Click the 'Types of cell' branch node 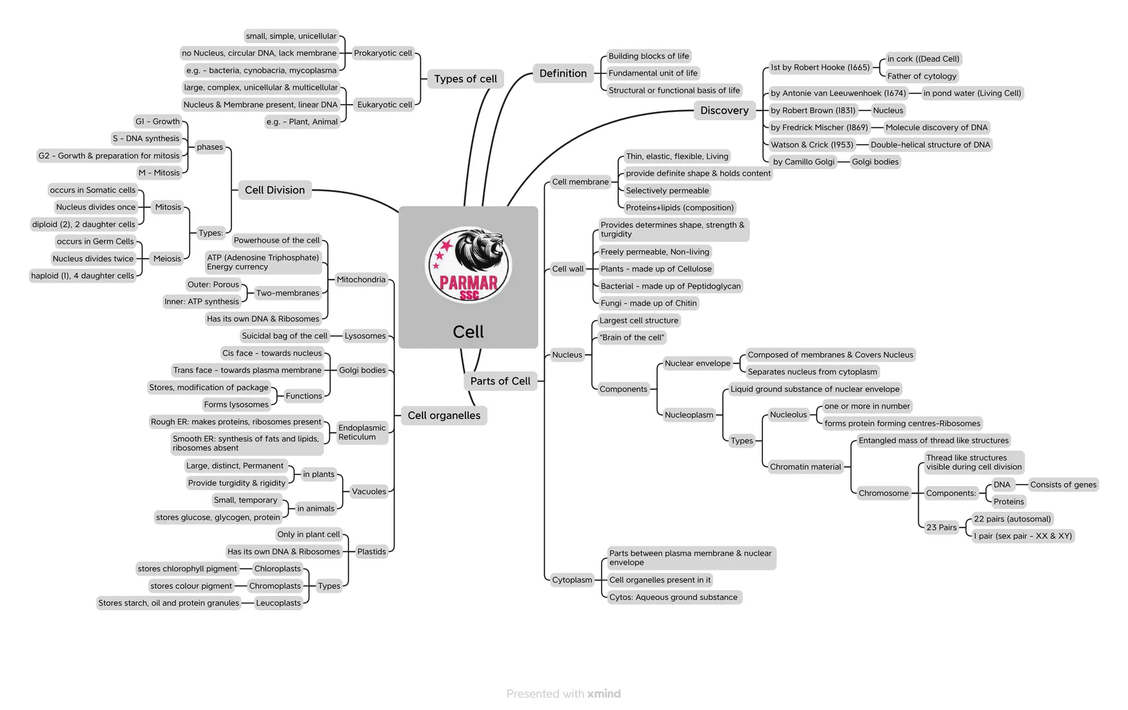465,79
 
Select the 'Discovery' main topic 724,110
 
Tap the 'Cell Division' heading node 274,190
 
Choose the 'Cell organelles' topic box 443,415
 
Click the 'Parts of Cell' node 500,381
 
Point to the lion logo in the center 468,265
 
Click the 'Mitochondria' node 361,279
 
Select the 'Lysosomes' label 365,336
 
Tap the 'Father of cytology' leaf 921,76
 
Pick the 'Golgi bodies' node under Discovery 875,161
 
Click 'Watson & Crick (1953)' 811,145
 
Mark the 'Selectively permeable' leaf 667,191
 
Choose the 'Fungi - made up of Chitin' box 648,303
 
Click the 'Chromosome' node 883,493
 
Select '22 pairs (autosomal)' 1012,519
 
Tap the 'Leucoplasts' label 278,603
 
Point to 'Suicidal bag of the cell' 284,336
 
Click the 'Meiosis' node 167,258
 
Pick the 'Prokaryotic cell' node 382,53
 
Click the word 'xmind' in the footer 604,693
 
